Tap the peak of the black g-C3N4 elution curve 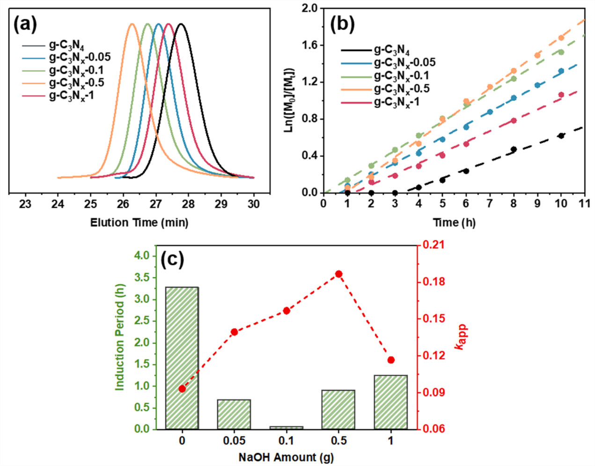coord(181,24)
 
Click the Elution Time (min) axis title coord(139,223)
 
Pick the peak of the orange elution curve coord(132,24)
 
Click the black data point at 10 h coord(561,136)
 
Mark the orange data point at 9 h coord(537,55)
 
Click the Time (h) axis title coord(454,223)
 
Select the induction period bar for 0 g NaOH coord(182,358)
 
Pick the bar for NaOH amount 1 coord(390,401)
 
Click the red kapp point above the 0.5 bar coord(338,274)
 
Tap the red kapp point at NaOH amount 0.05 coord(235,332)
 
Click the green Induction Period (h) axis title coord(120,337)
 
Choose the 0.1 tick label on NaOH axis coord(286,441)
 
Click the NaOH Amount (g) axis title coord(286,457)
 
